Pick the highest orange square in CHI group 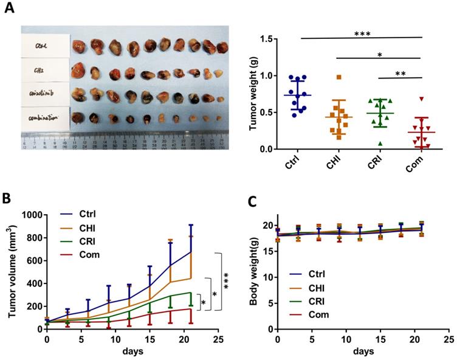[340, 77]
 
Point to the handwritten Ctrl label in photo [41, 45]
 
